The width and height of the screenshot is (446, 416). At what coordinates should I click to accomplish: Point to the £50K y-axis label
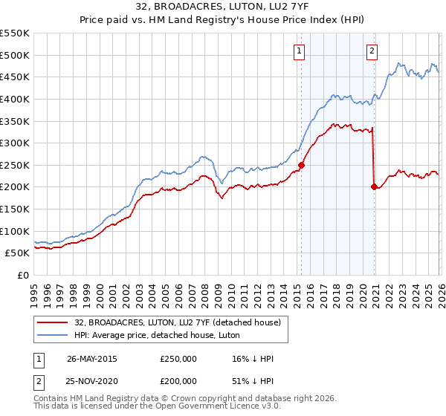coord(17,253)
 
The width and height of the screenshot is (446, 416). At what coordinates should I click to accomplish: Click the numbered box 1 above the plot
coord(299,51)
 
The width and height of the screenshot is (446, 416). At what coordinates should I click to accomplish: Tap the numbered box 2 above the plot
coord(371,51)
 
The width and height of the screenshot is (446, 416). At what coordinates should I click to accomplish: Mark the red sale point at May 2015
coord(301,166)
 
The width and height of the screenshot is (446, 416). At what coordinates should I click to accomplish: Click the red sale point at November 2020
coord(373,187)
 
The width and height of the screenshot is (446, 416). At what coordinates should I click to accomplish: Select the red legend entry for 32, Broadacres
coord(177,322)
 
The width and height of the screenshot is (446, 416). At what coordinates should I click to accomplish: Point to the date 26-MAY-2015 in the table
coord(91,359)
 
